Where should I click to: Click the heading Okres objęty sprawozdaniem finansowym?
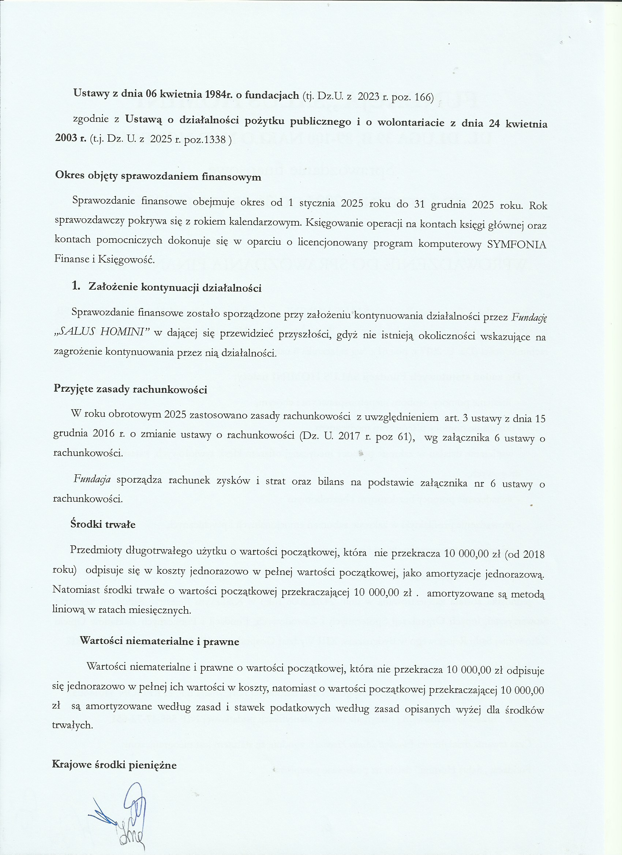158,176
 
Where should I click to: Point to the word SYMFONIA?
516,245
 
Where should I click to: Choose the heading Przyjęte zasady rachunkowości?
131,389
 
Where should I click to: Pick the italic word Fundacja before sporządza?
92,479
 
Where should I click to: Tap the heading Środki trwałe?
103,524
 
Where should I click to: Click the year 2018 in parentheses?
533,554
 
